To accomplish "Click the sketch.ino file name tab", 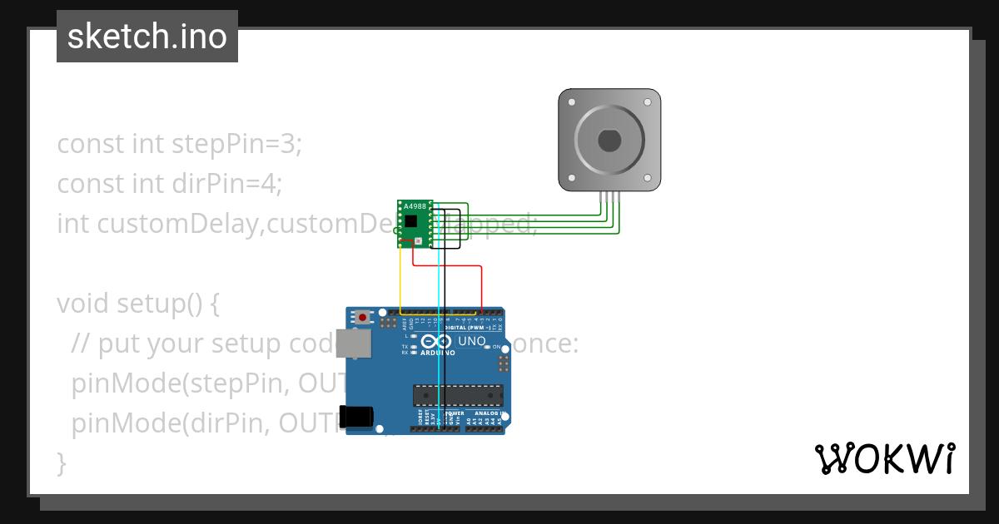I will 147,37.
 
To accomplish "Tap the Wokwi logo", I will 884,458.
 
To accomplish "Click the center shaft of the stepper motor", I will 609,141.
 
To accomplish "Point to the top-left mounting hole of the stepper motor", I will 571,101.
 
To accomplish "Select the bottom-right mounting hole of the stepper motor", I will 648,179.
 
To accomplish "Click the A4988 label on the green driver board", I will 413,205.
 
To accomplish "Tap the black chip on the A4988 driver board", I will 411,220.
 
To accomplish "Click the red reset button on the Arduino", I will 362,317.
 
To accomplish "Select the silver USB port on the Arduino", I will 353,343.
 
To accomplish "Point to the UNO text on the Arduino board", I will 471,341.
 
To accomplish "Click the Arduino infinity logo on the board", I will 436,342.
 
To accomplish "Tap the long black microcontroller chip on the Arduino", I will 458,397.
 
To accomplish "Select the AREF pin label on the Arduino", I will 405,321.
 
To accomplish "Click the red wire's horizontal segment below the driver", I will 448,266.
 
